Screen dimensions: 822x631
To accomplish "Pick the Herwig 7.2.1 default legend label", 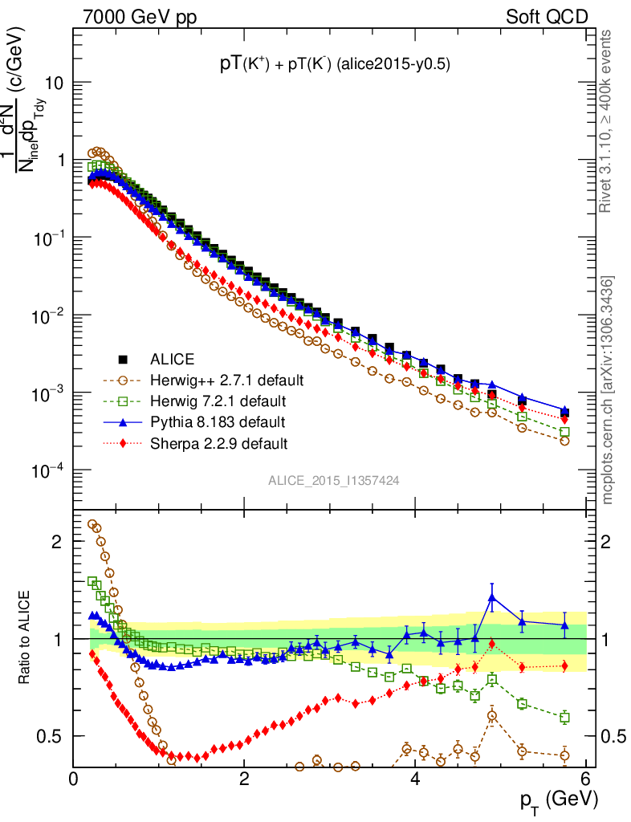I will point(218,401).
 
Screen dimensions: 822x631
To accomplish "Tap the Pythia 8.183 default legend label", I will point(218,421).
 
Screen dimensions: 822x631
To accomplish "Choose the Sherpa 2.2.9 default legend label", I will point(219,442).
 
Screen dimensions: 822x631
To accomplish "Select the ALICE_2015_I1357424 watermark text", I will point(334,479).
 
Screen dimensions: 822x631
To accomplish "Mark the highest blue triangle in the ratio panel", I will point(492,596).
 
